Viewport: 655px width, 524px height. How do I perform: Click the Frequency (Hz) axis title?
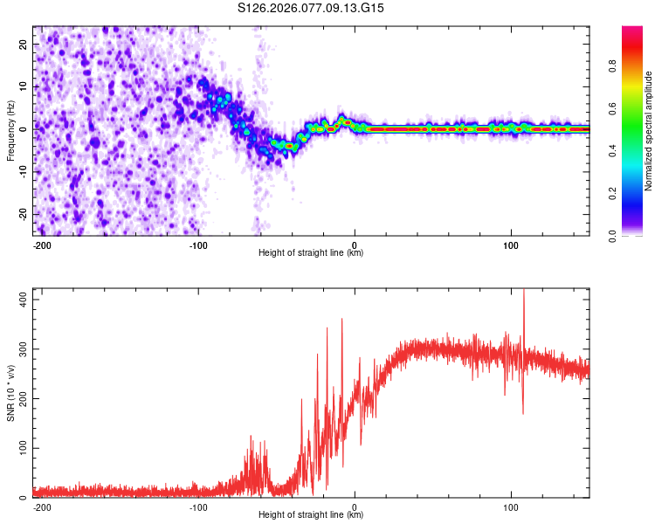[x=11, y=129]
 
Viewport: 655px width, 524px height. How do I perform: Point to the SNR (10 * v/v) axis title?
[x=11, y=393]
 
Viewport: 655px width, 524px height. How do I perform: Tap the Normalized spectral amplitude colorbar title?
[x=649, y=130]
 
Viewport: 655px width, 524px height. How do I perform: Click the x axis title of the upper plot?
[x=311, y=252]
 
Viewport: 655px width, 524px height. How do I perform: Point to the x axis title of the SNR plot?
[x=311, y=514]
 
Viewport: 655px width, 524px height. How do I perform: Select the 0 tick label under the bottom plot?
[x=355, y=506]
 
